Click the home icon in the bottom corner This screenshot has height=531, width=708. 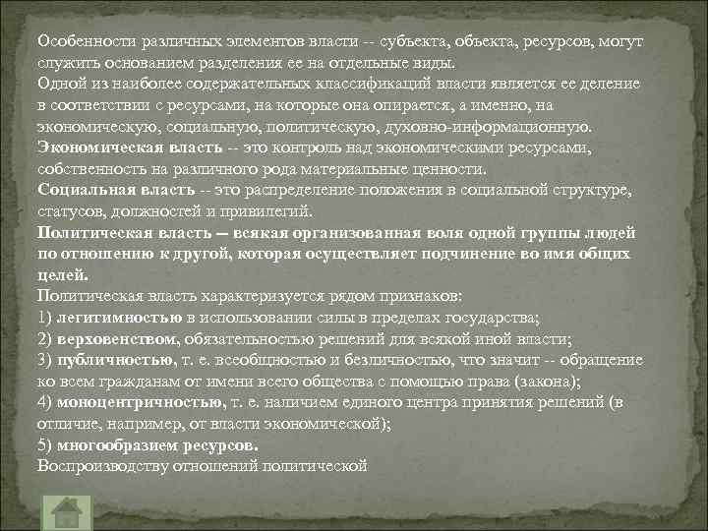coord(66,511)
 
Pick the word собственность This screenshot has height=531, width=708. coord(87,168)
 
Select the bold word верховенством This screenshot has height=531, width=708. coord(117,338)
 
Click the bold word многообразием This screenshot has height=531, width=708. coord(117,444)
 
